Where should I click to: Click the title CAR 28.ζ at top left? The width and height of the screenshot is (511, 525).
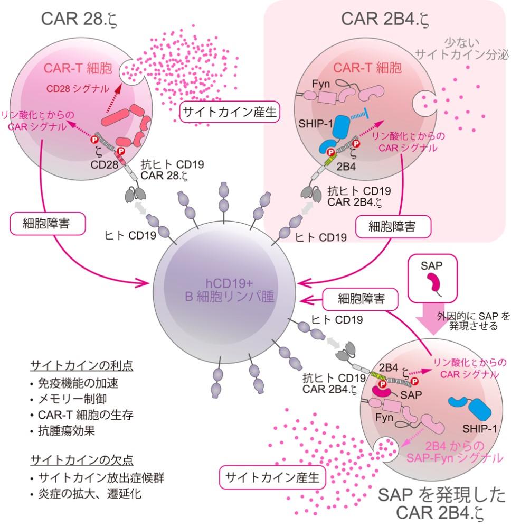(79, 19)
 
